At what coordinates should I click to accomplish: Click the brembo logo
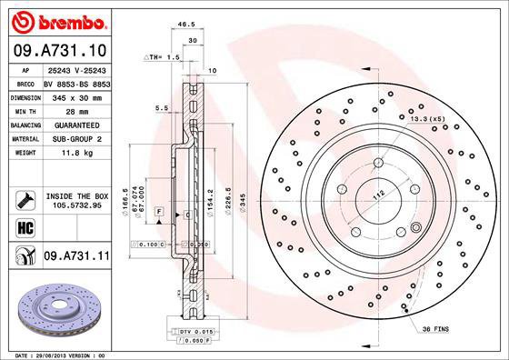[x=57, y=19]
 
